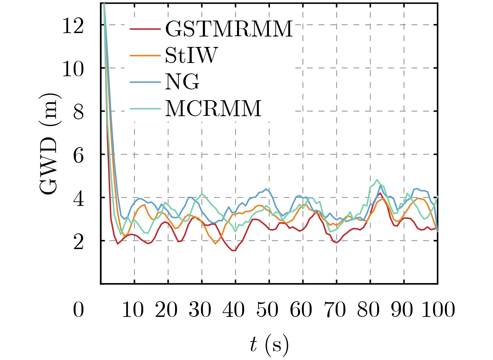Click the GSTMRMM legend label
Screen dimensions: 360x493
coord(229,29)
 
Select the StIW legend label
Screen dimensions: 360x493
coord(191,55)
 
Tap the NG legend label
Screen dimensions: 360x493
coord(182,82)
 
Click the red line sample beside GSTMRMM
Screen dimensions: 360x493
coord(145,29)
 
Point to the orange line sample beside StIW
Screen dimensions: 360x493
coord(145,55)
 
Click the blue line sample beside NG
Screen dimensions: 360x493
coord(145,82)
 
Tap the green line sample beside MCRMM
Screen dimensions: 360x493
coord(145,109)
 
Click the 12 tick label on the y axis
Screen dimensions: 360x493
coord(73,25)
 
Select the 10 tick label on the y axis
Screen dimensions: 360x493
coord(73,69)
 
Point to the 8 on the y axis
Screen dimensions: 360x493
coord(78,112)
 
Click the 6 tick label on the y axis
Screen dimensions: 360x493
coord(78,155)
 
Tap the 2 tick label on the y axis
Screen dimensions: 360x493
coord(78,242)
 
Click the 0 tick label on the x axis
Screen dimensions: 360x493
coord(78,309)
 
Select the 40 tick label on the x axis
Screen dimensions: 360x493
coord(233,309)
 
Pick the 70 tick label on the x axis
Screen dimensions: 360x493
coord(335,309)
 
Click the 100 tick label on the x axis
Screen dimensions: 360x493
coord(438,309)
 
